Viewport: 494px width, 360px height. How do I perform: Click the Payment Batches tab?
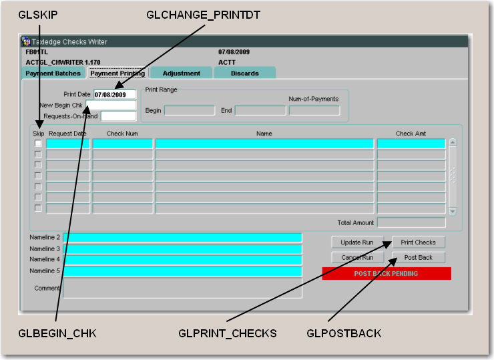(x=53, y=73)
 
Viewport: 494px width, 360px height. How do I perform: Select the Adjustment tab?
(x=181, y=73)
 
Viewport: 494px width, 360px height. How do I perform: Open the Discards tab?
(x=244, y=73)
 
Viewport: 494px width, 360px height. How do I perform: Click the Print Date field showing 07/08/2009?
(x=114, y=95)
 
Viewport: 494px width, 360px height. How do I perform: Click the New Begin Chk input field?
(x=114, y=106)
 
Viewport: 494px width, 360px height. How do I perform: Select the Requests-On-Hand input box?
(x=117, y=116)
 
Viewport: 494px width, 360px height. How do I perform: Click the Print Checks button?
(x=419, y=242)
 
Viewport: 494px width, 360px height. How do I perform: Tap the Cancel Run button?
(x=357, y=257)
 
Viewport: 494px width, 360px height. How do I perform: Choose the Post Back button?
(x=419, y=257)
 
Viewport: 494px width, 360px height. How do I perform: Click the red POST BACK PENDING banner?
(x=387, y=273)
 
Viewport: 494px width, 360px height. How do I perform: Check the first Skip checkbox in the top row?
(x=38, y=144)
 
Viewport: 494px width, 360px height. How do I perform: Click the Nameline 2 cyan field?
(x=182, y=238)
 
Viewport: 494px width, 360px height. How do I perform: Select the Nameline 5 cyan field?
(x=182, y=271)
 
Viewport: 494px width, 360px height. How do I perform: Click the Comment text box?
(x=182, y=288)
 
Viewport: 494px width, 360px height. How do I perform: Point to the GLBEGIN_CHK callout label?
(x=58, y=333)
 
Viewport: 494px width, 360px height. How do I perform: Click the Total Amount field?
(x=411, y=222)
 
